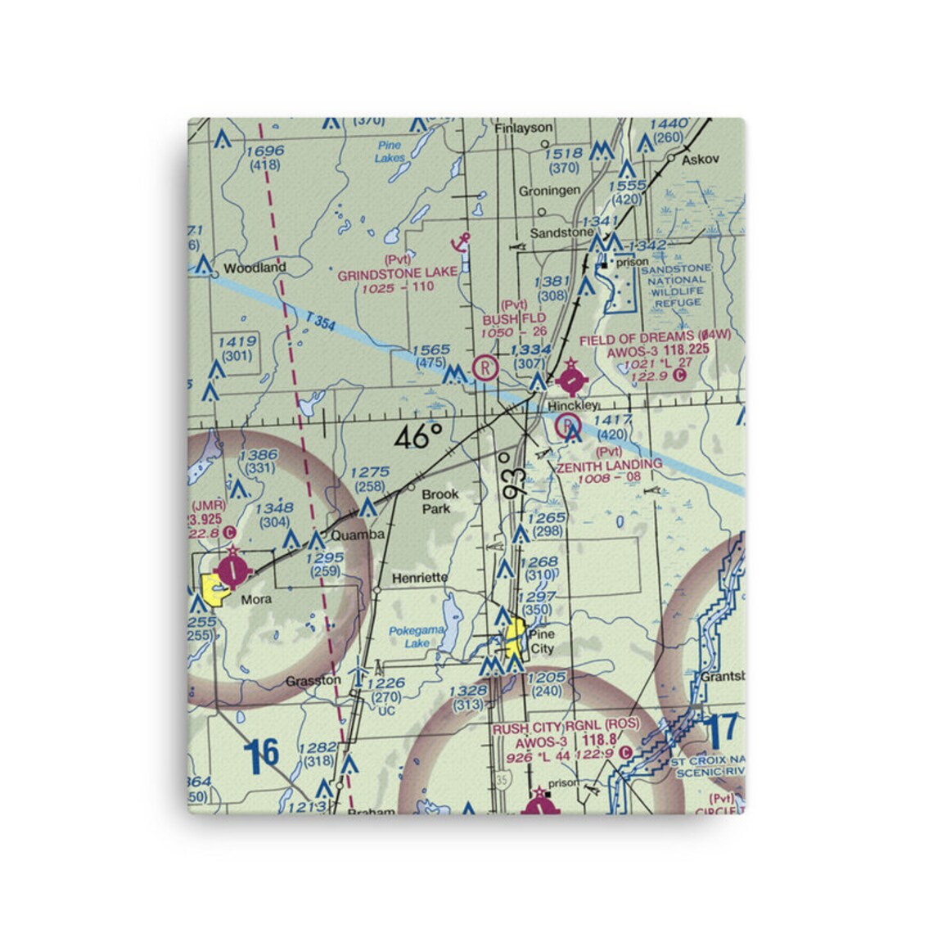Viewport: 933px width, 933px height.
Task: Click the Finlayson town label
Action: pyautogui.click(x=524, y=128)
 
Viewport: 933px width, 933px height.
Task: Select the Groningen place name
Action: pyautogui.click(x=549, y=191)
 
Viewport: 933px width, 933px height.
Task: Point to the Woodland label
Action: pyautogui.click(x=255, y=268)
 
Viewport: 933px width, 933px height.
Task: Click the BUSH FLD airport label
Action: pyautogui.click(x=514, y=318)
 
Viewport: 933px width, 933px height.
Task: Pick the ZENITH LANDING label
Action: pyautogui.click(x=609, y=465)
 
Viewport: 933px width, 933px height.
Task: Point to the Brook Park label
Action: pyautogui.click(x=439, y=502)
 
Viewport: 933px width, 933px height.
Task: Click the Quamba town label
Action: pyautogui.click(x=357, y=535)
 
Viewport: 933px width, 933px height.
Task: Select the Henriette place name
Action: pyautogui.click(x=420, y=578)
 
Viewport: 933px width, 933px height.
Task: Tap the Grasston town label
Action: pyautogui.click(x=313, y=680)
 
